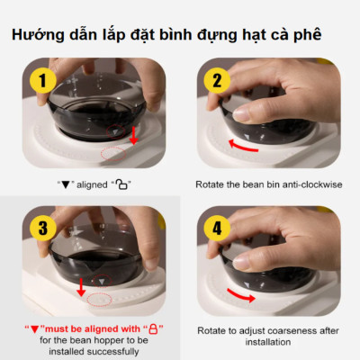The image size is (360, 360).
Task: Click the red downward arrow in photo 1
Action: pyautogui.click(x=133, y=134)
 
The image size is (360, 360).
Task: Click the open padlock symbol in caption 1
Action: pyautogui.click(x=122, y=184)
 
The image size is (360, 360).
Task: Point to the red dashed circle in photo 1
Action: pyautogui.click(x=113, y=151)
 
